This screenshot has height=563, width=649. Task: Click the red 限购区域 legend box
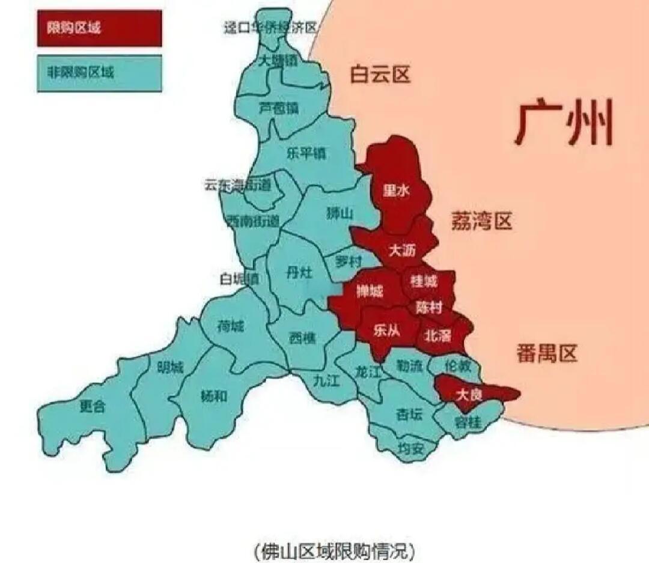click(99, 28)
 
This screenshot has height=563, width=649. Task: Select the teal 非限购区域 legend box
click(99, 73)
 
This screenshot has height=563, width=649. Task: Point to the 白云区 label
click(380, 75)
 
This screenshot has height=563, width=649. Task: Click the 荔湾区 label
click(481, 222)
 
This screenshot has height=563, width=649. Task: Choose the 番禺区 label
click(546, 353)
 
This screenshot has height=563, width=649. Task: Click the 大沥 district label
click(402, 251)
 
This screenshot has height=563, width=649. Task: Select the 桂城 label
click(424, 280)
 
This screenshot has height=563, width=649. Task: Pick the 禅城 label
click(370, 292)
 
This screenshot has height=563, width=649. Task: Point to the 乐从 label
click(386, 332)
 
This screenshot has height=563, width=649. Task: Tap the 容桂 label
click(468, 422)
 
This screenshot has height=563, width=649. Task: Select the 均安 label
click(411, 448)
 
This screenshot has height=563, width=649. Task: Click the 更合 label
click(92, 407)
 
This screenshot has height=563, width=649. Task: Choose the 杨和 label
click(213, 396)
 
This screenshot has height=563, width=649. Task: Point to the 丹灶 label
click(299, 273)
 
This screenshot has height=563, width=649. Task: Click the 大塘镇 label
click(278, 61)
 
